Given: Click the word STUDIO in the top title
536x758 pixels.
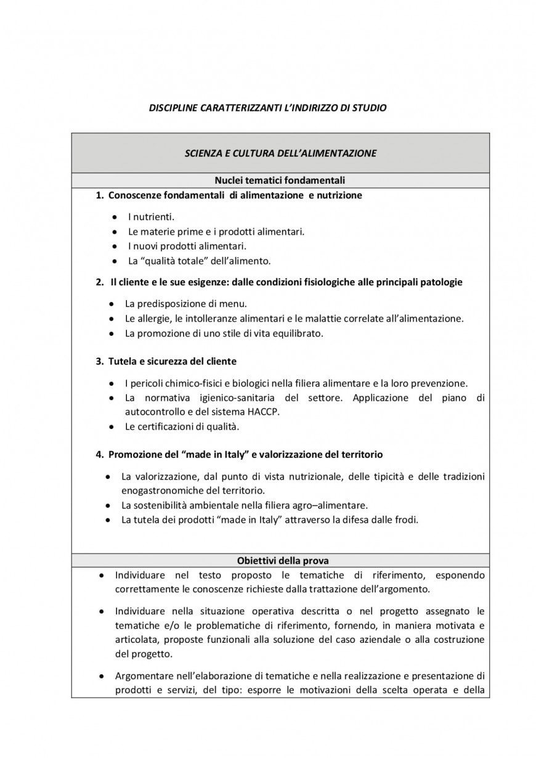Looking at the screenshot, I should (370, 108).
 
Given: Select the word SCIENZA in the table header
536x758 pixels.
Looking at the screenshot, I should (202, 153).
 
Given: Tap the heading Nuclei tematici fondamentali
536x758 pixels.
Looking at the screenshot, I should (280, 181).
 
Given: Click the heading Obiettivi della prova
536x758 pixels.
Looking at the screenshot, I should (283, 561).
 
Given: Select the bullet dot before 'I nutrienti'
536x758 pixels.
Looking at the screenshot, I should (116, 217).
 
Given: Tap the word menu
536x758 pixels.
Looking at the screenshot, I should (234, 304).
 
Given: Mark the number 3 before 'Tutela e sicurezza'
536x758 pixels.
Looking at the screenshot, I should (99, 361).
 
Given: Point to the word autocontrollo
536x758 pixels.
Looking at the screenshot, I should (153, 411).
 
